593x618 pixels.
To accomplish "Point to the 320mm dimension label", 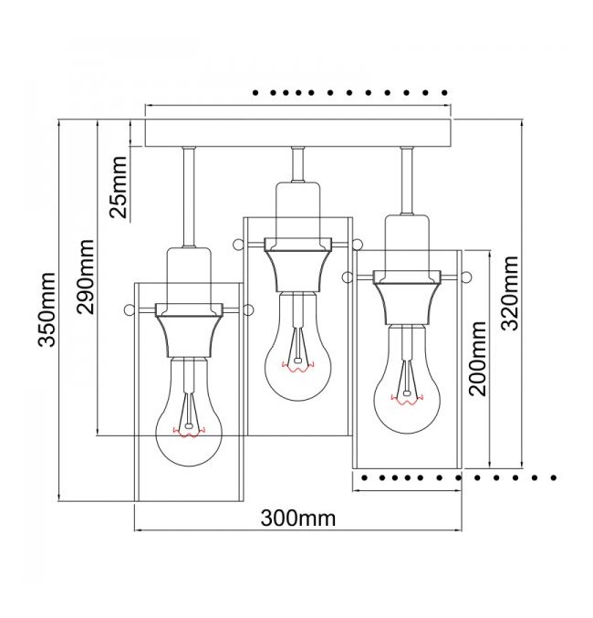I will point(511,292).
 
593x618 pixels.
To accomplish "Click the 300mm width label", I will point(298,518).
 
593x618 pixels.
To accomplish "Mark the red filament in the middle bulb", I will point(297,368).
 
